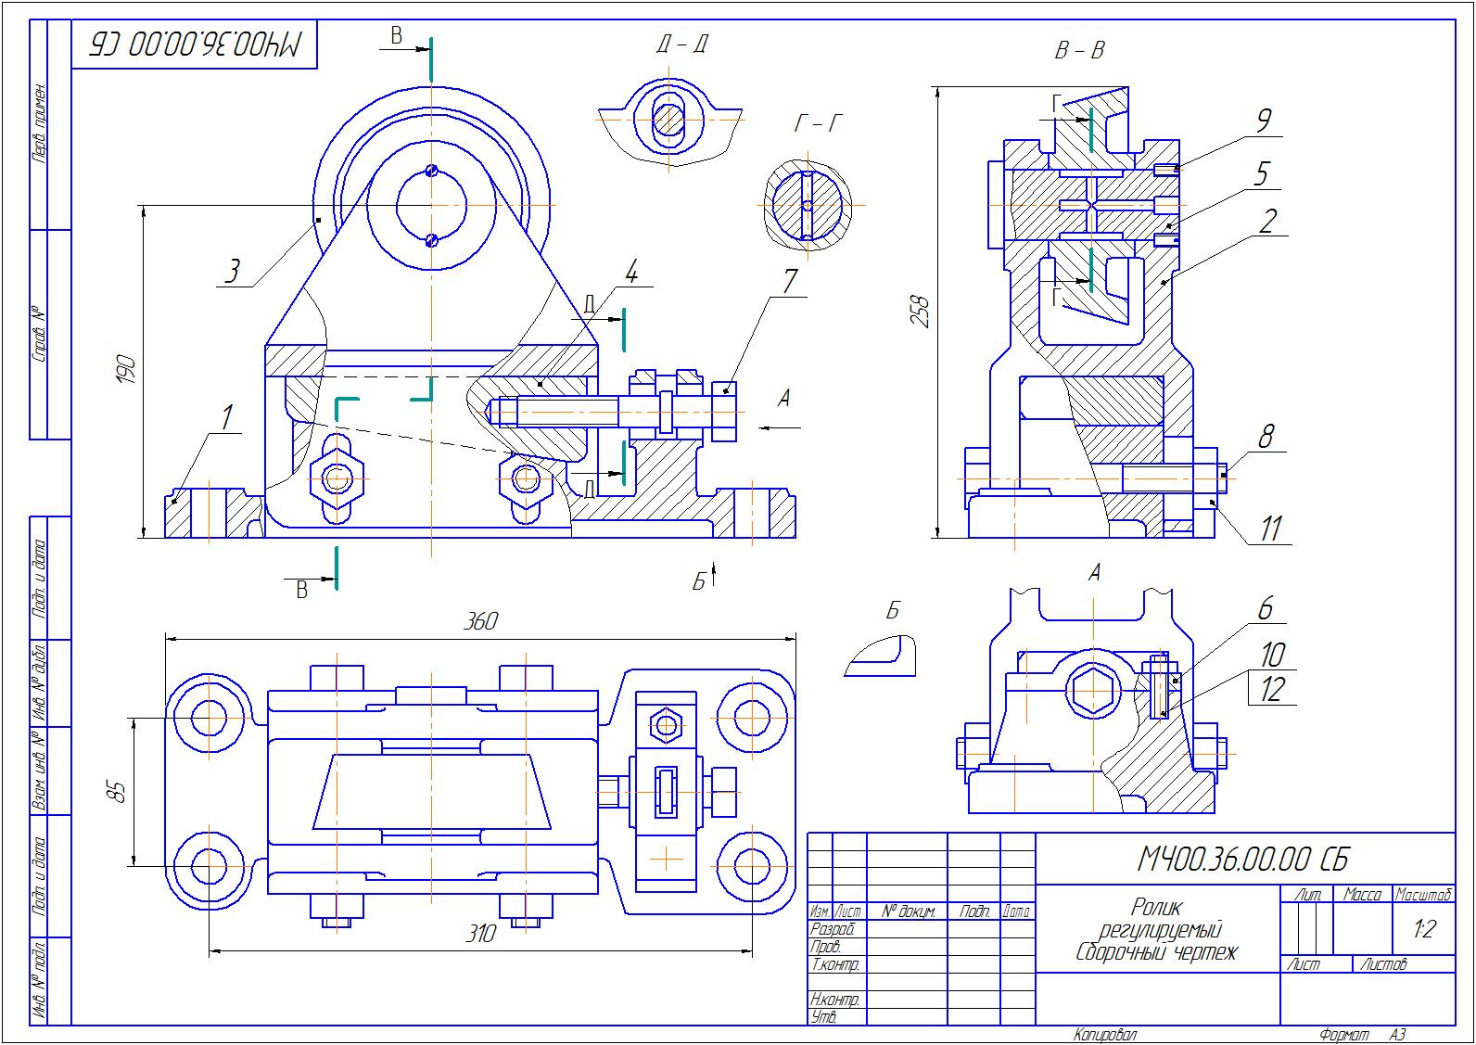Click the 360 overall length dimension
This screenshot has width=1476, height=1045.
coord(480,621)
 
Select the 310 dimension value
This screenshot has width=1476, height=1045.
coord(480,933)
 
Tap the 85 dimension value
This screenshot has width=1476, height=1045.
coord(116,792)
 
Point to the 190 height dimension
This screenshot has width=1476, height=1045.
coord(126,370)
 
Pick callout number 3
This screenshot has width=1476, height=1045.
coord(233,272)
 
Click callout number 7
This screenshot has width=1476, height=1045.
coord(789,281)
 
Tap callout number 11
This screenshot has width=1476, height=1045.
coord(1269,528)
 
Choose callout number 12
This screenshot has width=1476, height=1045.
coord(1272,690)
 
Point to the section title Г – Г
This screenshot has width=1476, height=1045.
coord(818,123)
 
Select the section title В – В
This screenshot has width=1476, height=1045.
coord(1079,50)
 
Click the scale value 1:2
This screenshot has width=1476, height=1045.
coord(1423,927)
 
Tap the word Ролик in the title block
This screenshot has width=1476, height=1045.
coord(1156,906)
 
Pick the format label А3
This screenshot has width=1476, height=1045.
coord(1396,1035)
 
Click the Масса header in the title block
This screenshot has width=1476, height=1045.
coord(1362,895)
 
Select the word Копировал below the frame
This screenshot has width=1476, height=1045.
coord(1105,1035)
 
